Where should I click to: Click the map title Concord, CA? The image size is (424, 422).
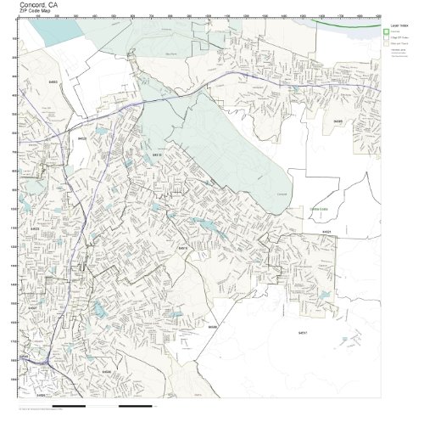39,4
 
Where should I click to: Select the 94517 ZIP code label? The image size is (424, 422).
303,332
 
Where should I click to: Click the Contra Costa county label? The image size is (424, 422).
318,208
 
